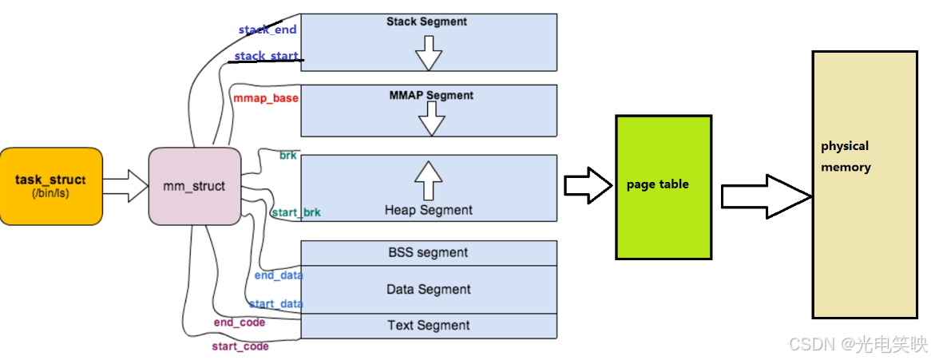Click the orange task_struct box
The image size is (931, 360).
point(51,187)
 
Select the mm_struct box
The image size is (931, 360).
point(194,187)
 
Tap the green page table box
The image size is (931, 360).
point(664,187)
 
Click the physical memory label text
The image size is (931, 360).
point(846,156)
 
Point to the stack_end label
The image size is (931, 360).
point(267,29)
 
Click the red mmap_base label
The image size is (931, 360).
point(265,99)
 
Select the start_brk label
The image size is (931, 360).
point(296,212)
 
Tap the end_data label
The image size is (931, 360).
point(279,275)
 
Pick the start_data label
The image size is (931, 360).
point(276,304)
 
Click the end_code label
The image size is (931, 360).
point(240,322)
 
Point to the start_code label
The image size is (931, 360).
point(240,346)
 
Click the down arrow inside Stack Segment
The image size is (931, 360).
point(429,53)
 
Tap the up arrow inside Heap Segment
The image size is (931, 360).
point(429,181)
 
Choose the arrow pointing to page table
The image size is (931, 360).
point(588,185)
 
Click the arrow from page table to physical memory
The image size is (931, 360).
point(767,196)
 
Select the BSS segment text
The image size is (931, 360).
point(427,252)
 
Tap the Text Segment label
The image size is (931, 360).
point(429,325)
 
